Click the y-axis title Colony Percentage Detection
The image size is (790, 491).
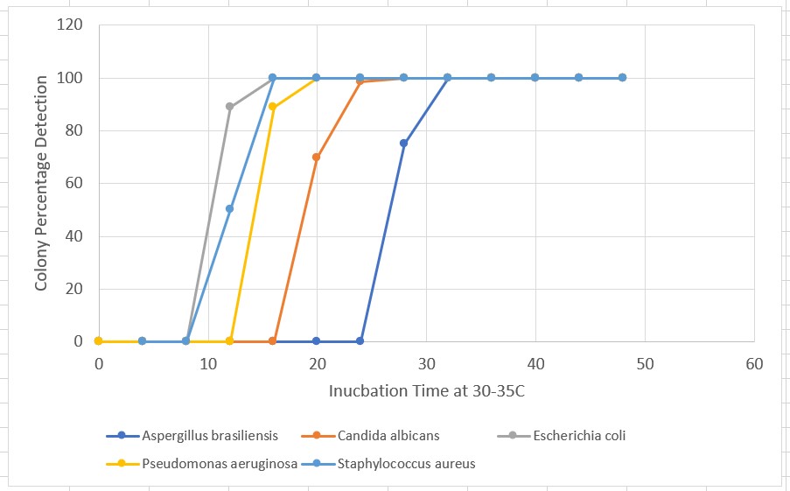pos(41,183)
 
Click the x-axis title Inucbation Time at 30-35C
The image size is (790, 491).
pos(426,390)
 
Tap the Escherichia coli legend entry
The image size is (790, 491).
pos(579,436)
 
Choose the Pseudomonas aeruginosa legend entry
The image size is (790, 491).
pos(219,464)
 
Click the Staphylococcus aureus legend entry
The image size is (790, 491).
pos(405,464)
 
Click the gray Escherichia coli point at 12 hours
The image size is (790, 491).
pos(229,107)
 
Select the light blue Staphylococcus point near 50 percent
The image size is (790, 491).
pos(229,208)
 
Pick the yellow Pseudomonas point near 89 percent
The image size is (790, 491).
pos(273,107)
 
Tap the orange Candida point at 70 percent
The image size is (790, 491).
pos(316,158)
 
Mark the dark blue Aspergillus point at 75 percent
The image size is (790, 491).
pos(403,144)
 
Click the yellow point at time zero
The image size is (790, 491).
pos(99,341)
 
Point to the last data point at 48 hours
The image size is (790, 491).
pos(622,78)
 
